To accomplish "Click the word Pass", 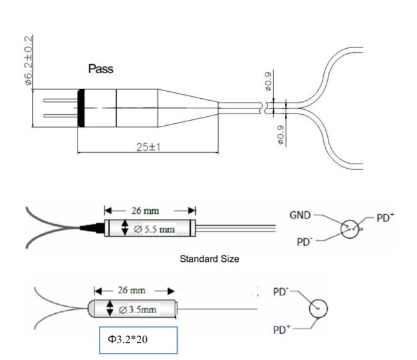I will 101,69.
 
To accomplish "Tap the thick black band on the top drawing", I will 81,107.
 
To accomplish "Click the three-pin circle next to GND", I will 350,228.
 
